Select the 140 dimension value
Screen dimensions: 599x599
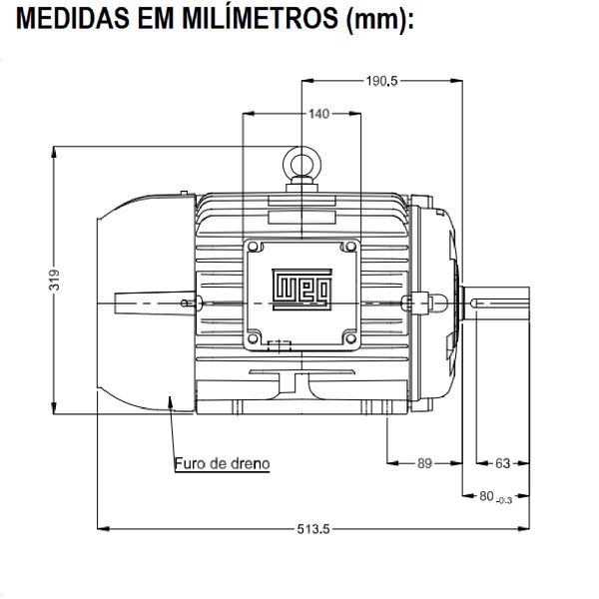coord(318,114)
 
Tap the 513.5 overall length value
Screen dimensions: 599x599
coord(312,529)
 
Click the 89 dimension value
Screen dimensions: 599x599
coord(424,463)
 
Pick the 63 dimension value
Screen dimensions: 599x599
coord(502,463)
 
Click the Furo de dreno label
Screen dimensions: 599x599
coord(222,463)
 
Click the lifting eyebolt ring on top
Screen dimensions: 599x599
coord(300,161)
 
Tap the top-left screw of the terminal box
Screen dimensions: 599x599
coord(254,247)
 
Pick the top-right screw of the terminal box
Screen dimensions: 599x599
coord(349,247)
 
